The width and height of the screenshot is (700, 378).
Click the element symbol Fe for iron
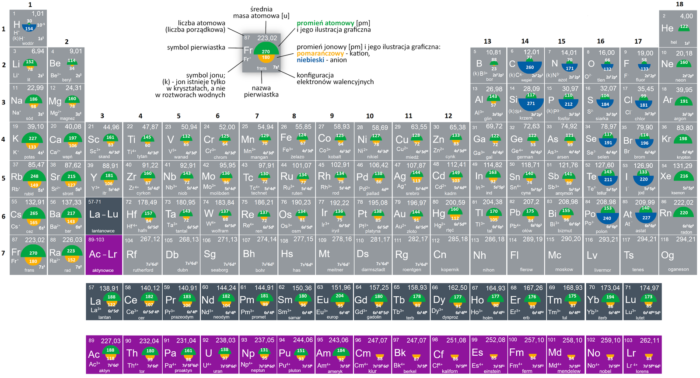point(286,137)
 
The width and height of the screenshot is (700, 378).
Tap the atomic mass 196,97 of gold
point(416,203)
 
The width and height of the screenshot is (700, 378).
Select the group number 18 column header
point(679,4)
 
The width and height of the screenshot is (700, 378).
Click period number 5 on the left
point(3,178)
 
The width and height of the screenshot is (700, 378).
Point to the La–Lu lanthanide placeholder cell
point(104,215)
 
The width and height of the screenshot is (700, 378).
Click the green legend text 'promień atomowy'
point(325,23)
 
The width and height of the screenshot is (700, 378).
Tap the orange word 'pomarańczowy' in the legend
point(320,53)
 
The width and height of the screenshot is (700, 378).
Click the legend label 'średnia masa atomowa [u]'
point(261,12)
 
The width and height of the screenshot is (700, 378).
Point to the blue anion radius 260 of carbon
point(530,67)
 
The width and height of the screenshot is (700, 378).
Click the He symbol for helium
point(667,28)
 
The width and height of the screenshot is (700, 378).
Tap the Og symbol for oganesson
point(668,255)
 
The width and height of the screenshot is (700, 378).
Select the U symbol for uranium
point(208,353)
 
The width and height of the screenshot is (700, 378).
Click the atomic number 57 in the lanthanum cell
point(91,288)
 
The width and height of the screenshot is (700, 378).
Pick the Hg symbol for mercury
point(439,214)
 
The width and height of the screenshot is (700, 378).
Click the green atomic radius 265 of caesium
point(34,213)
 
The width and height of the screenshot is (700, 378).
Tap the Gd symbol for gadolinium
point(361,300)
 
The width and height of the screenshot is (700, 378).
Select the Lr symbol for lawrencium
point(631,353)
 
